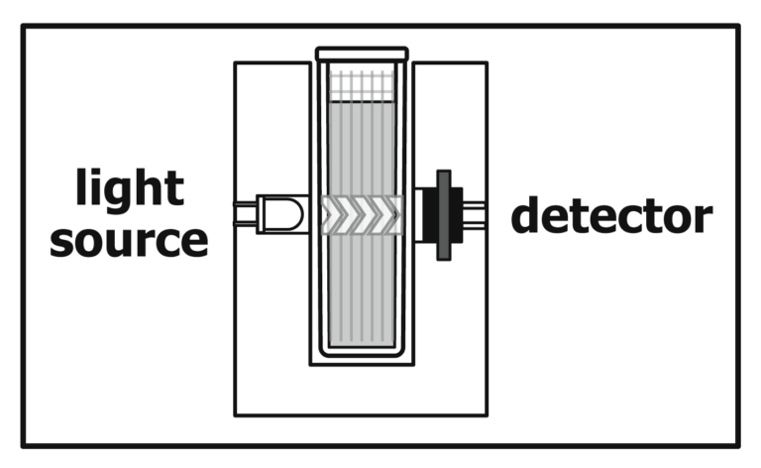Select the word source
click(x=129, y=241)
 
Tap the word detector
click(x=611, y=215)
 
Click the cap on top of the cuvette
click(x=362, y=54)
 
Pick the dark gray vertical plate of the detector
click(x=444, y=215)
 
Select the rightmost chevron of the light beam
click(x=394, y=214)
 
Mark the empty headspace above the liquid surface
click(x=362, y=85)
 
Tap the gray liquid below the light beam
click(x=362, y=290)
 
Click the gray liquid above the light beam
click(x=362, y=149)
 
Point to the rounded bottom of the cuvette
click(x=362, y=352)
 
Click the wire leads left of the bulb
click(x=245, y=214)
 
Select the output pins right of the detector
click(x=475, y=215)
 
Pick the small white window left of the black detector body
click(x=419, y=215)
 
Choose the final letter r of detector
click(x=703, y=219)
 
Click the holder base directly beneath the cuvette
click(x=362, y=390)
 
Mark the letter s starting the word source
click(x=61, y=241)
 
